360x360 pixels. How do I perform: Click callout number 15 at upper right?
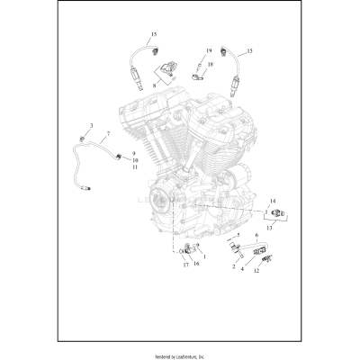(x=249, y=51)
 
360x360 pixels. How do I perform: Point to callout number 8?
(x=155, y=84)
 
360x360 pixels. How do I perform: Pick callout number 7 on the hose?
(x=108, y=134)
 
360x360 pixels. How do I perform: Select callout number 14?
(x=273, y=201)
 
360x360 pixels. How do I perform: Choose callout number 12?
(x=257, y=270)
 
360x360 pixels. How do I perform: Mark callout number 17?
(x=185, y=265)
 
